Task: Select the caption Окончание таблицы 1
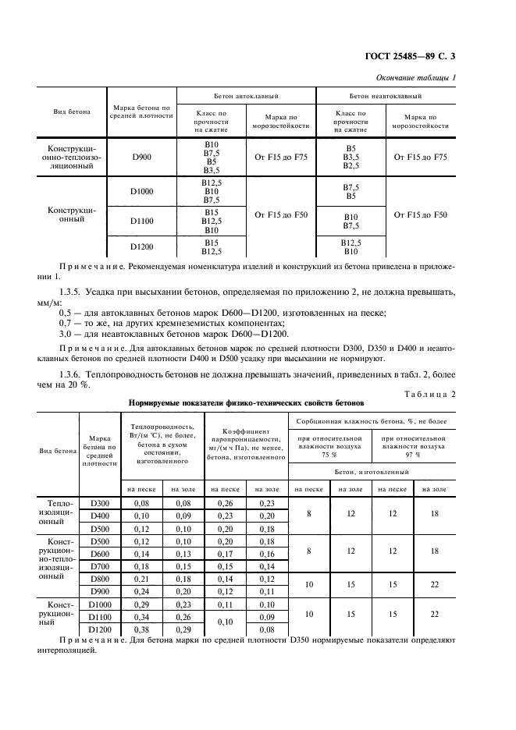(x=416, y=76)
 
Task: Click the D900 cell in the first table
(x=142, y=158)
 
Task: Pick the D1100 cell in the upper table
(x=142, y=221)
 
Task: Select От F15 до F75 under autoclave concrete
(x=281, y=158)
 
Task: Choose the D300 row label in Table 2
(x=99, y=504)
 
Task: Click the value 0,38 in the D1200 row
(x=141, y=629)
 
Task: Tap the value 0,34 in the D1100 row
(x=141, y=616)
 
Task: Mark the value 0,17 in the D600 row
(x=225, y=554)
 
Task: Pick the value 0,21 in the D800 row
(x=141, y=579)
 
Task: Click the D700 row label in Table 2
(x=99, y=566)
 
